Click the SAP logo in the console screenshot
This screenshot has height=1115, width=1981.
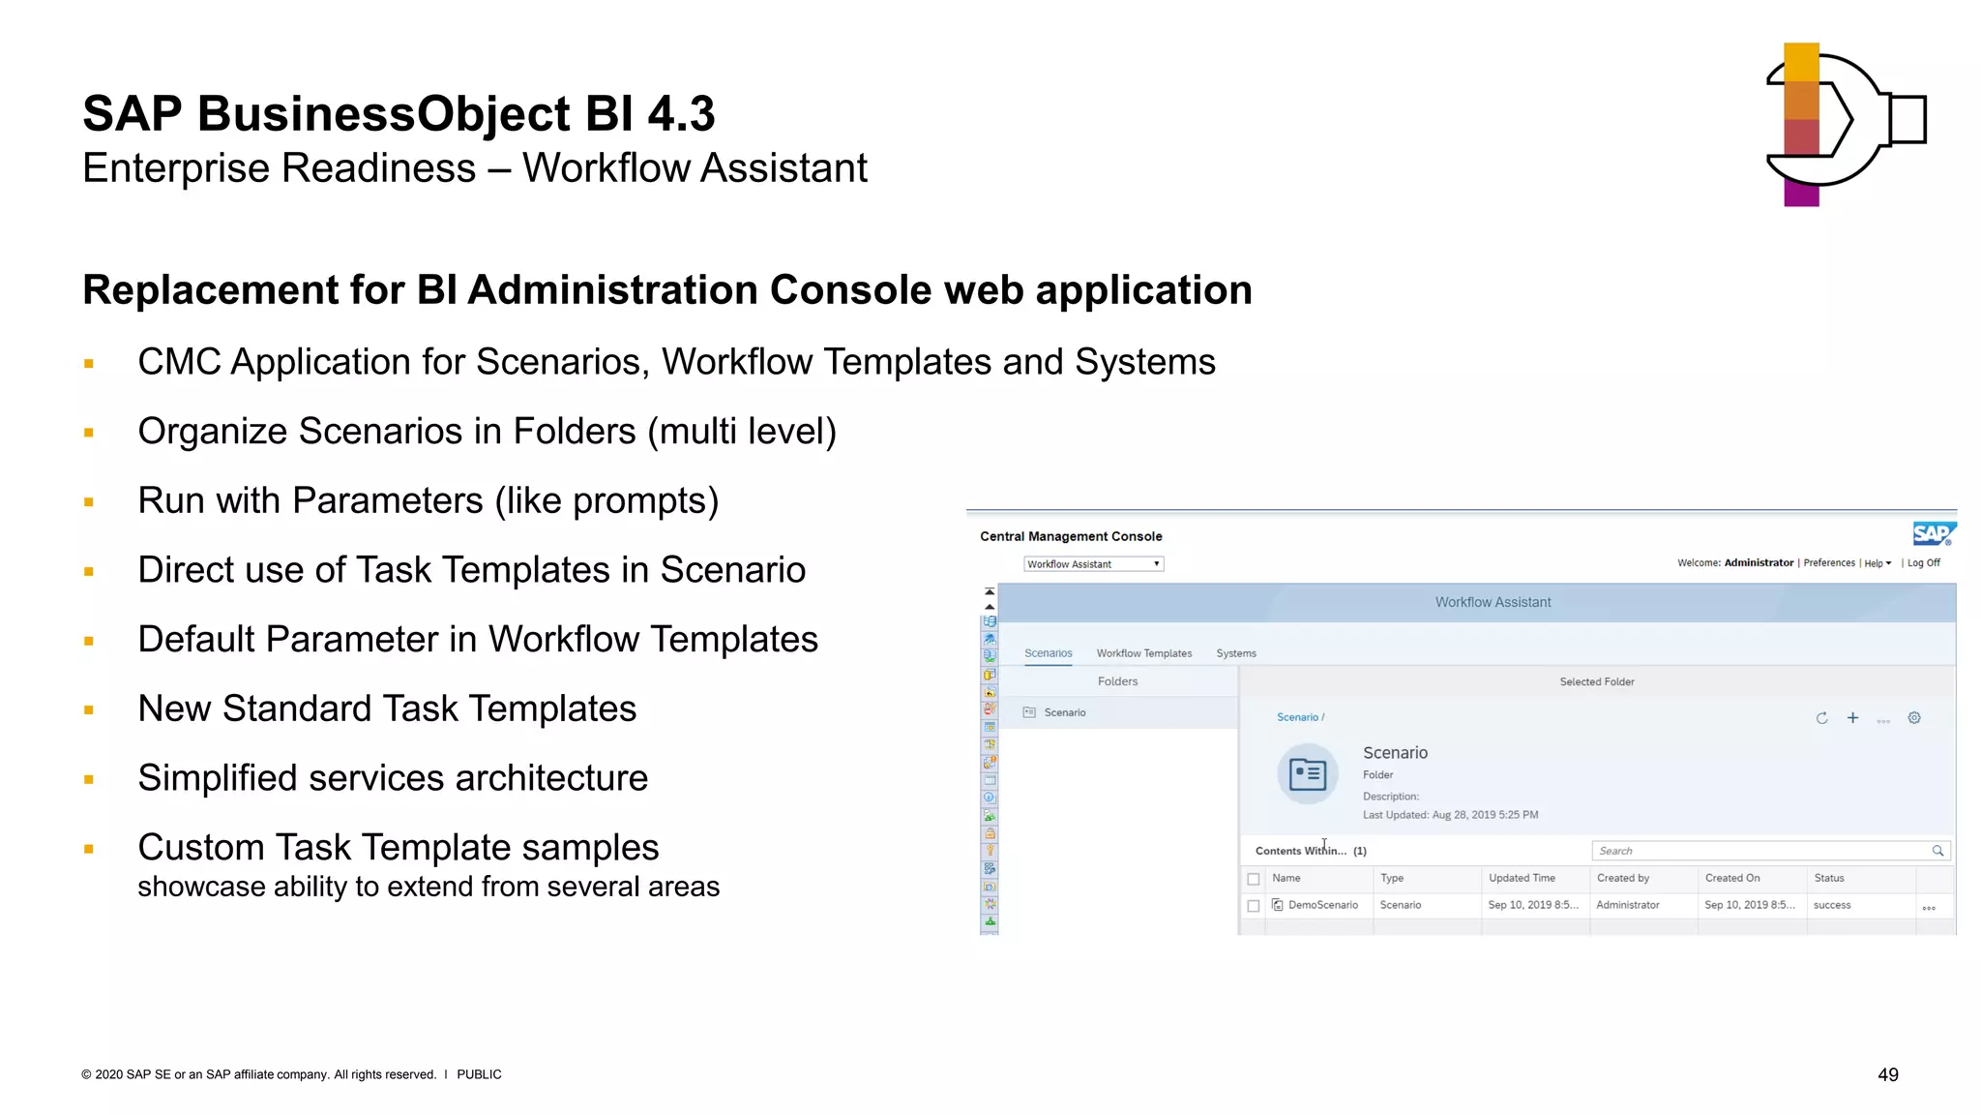(x=1934, y=533)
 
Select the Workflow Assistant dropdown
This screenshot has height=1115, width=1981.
(x=1093, y=564)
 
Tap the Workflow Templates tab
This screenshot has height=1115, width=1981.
(x=1143, y=653)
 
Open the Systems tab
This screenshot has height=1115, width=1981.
(x=1235, y=653)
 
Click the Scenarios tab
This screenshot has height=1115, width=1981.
(x=1048, y=653)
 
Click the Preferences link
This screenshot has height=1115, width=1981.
(x=1828, y=563)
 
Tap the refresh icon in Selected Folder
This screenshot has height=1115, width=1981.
(x=1821, y=718)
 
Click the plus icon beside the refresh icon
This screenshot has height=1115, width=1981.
(x=1852, y=717)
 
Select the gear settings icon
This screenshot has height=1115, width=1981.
(x=1914, y=718)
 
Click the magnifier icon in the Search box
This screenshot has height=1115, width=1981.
(x=1937, y=851)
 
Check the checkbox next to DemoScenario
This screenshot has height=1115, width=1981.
(x=1254, y=906)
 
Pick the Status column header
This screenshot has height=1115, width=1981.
(x=1828, y=878)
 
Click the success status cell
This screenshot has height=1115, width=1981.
(x=1831, y=905)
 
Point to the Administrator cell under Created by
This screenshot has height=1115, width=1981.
(x=1627, y=905)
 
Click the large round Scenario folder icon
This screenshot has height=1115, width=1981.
(x=1307, y=773)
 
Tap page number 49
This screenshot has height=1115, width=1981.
(x=1887, y=1074)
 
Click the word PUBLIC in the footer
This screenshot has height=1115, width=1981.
(x=479, y=1074)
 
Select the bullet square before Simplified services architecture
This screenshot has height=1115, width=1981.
(x=89, y=779)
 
